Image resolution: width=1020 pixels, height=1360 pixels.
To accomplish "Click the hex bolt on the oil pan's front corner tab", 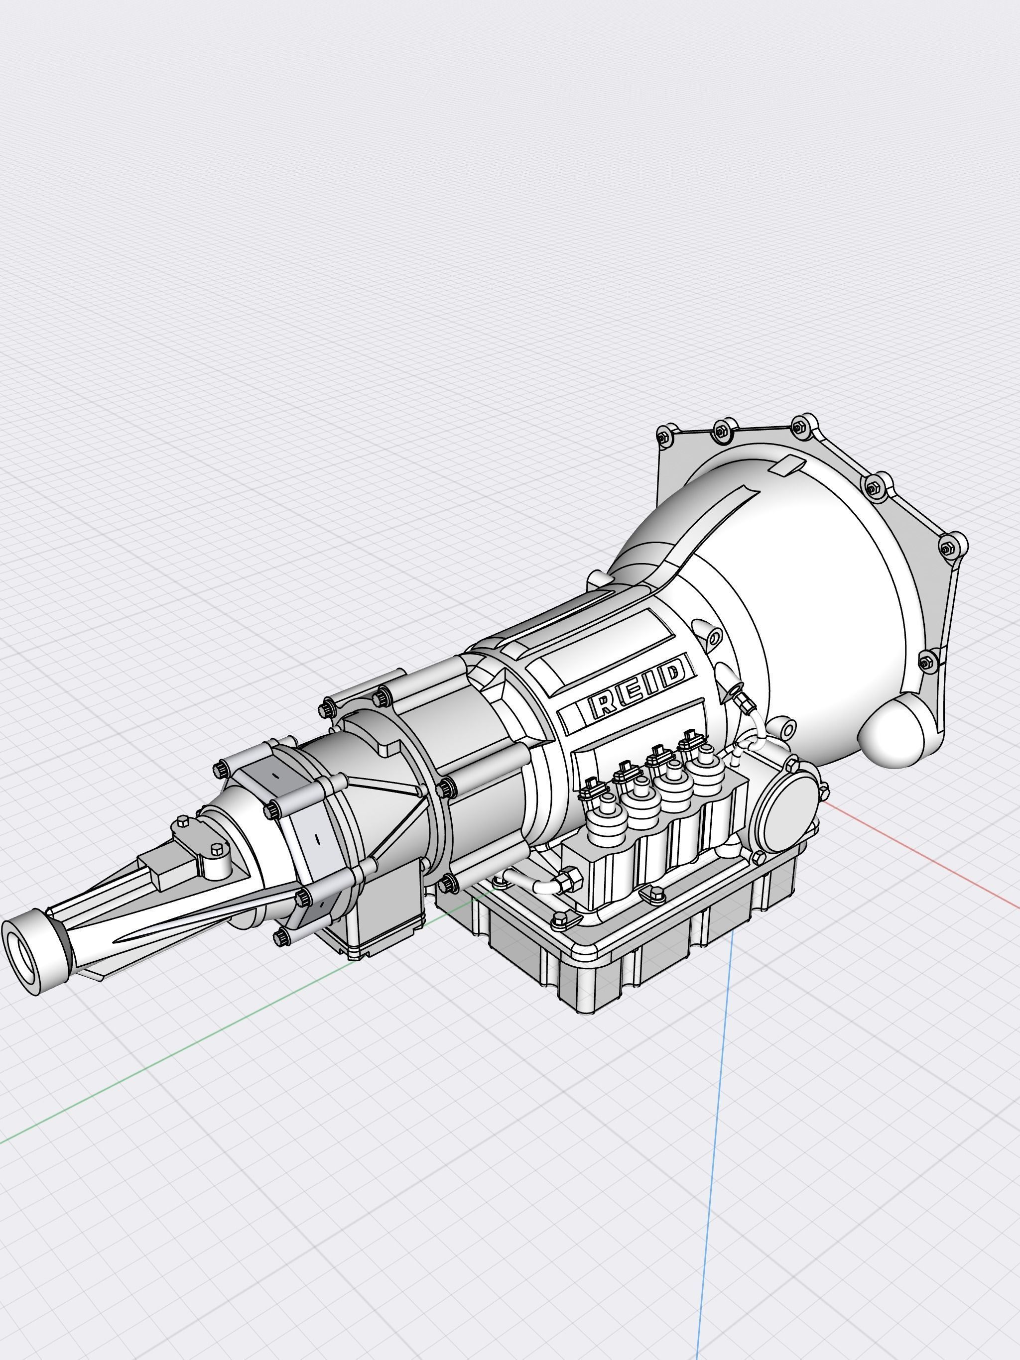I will coord(560,920).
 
